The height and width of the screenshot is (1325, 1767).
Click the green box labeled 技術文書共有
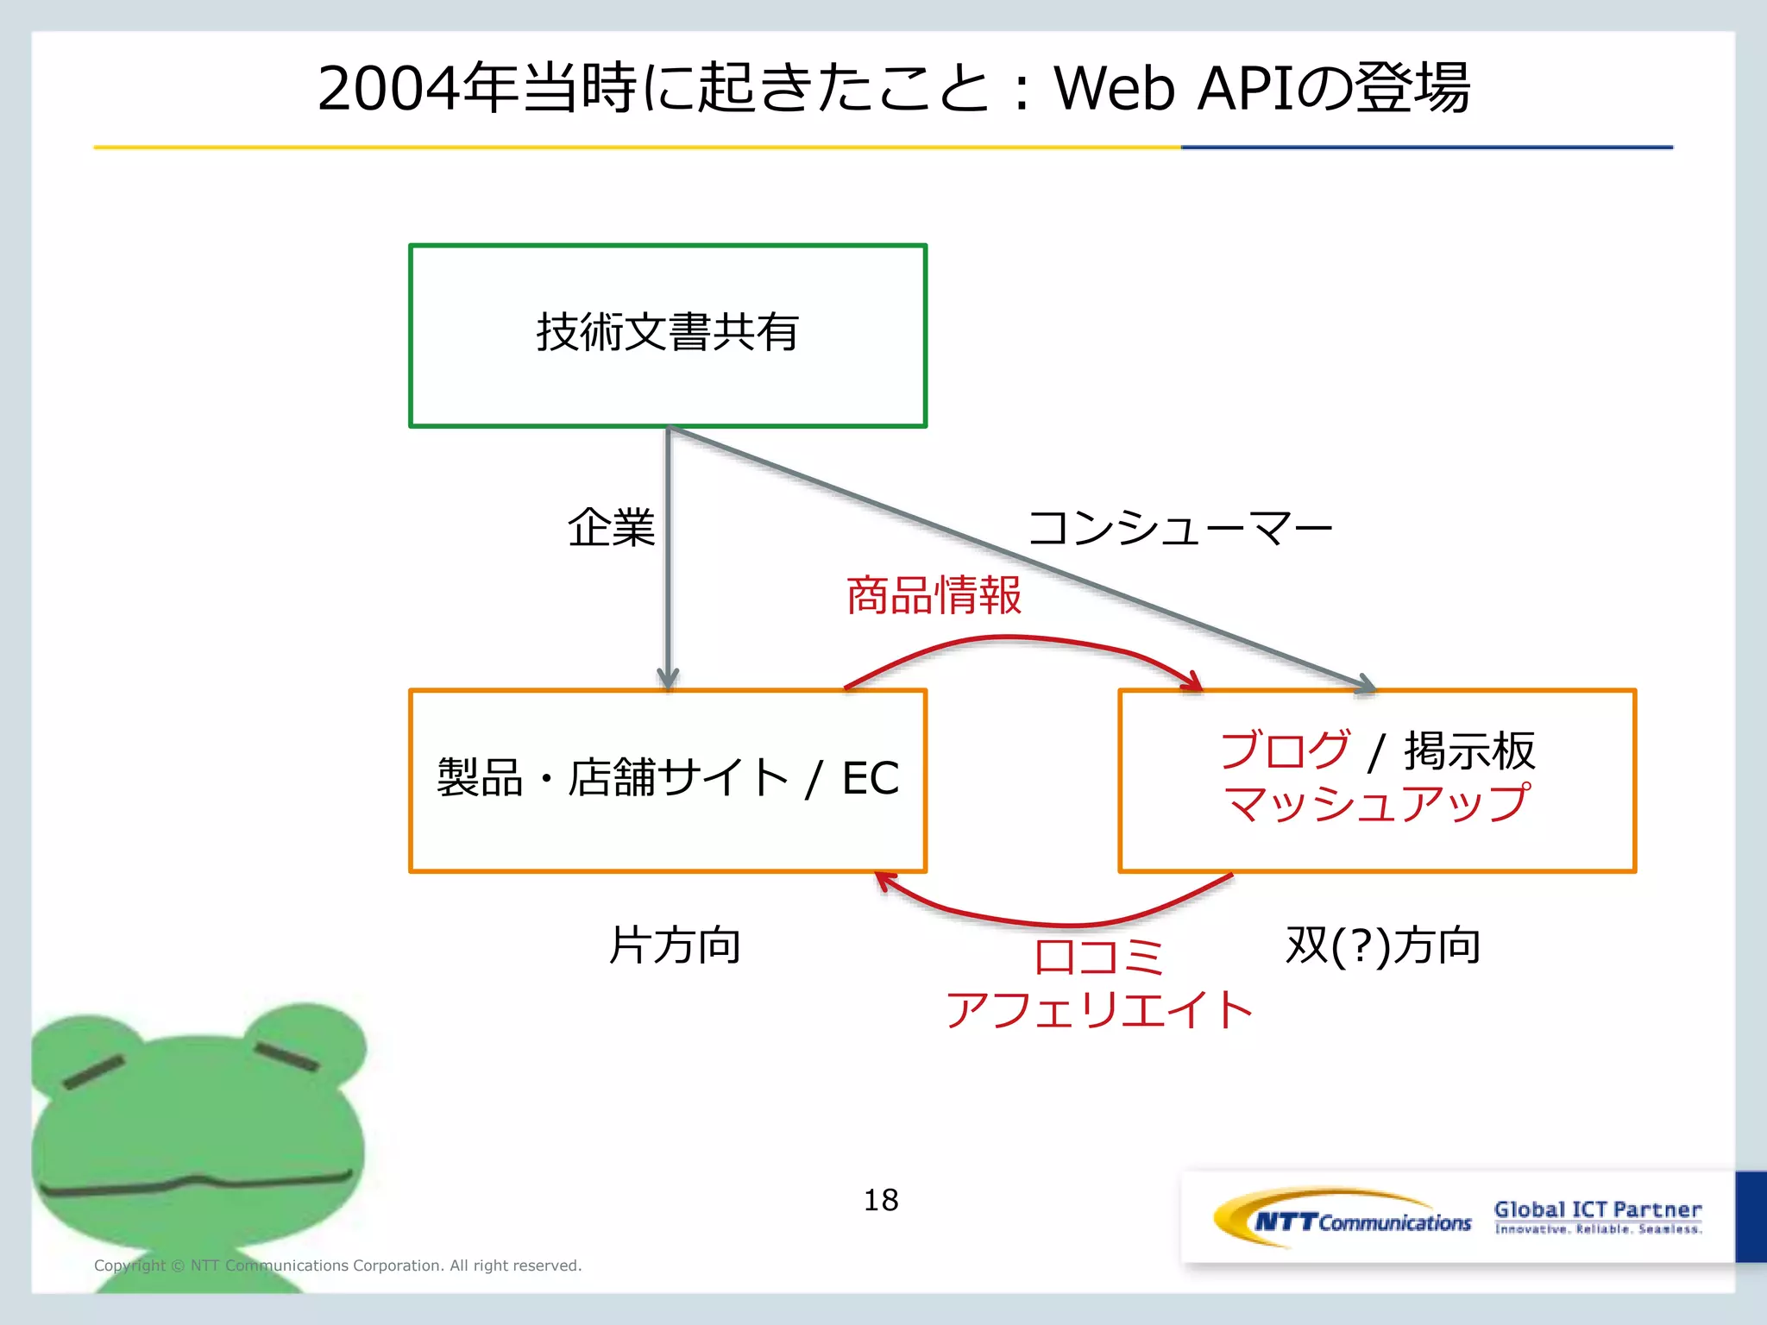[x=667, y=335]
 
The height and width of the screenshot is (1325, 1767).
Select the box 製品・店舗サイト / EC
[x=667, y=780]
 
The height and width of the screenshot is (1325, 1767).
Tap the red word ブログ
[x=1285, y=750]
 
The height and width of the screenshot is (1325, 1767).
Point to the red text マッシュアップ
[x=1376, y=804]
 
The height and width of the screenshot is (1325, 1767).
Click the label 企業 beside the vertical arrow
[x=611, y=527]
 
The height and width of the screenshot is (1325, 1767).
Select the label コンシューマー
[x=1180, y=527]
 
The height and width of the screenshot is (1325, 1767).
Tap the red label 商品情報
[x=934, y=595]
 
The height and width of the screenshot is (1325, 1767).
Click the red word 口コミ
[x=1098, y=957]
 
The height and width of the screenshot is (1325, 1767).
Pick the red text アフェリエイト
[x=1098, y=1009]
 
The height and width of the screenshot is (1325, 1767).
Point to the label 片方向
[x=675, y=945]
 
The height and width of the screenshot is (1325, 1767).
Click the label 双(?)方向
[x=1382, y=945]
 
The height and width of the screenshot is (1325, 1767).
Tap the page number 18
[x=881, y=1200]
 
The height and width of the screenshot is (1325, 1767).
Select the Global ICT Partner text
[x=1598, y=1209]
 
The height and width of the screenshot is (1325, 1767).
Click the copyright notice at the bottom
[x=337, y=1265]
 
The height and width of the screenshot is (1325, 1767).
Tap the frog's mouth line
[x=194, y=1184]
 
